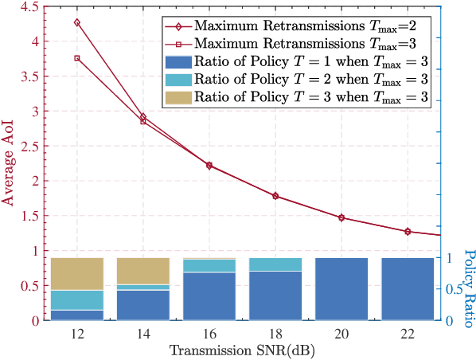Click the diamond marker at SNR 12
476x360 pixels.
point(77,22)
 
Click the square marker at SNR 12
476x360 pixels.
point(77,58)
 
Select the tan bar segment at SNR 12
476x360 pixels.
point(77,274)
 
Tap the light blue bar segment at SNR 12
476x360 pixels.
point(77,300)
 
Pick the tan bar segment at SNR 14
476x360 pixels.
point(143,269)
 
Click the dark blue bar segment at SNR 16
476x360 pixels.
point(209,296)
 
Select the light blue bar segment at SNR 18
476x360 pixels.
point(275,264)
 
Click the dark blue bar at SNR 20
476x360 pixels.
point(341,289)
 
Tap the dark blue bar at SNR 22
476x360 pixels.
point(408,289)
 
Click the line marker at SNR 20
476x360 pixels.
point(341,217)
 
